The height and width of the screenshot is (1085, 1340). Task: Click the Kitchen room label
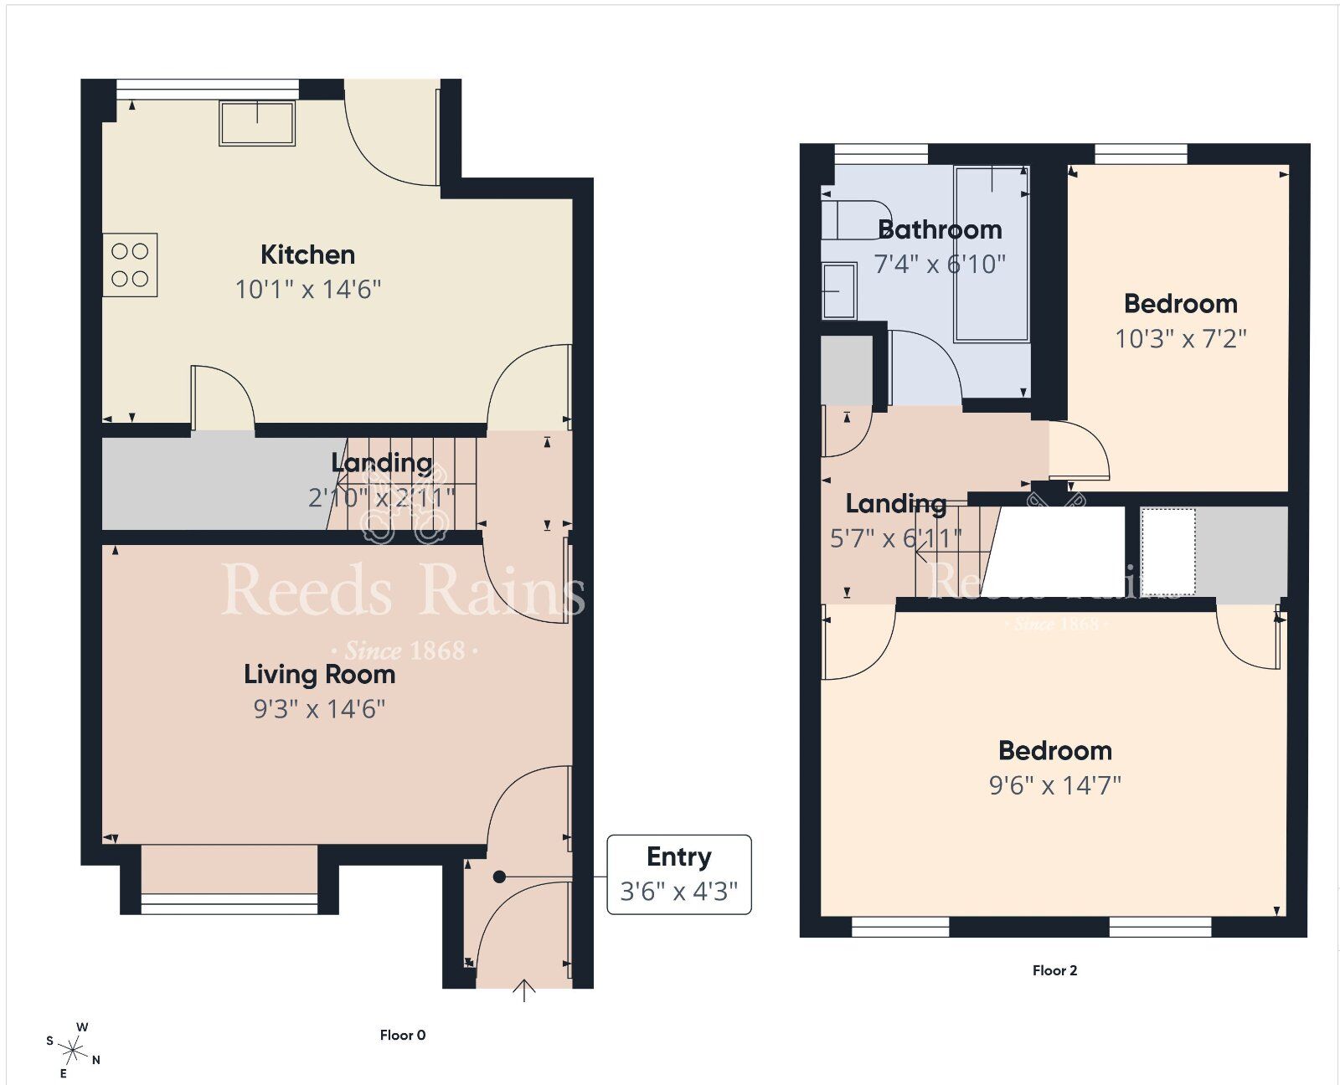(307, 255)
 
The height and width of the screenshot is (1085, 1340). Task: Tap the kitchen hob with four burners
(130, 265)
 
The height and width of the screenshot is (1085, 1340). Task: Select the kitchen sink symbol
(257, 123)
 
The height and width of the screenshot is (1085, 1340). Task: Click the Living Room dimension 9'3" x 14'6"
(319, 710)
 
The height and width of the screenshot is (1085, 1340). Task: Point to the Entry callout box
(678, 874)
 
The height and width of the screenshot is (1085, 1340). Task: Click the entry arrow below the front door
(524, 990)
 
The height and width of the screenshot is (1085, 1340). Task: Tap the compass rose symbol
(74, 1049)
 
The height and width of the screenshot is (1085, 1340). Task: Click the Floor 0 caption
(402, 1036)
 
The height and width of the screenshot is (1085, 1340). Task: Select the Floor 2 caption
(1054, 971)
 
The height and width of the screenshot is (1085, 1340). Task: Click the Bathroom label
(940, 229)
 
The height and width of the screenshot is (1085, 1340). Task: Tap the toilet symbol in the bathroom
(854, 219)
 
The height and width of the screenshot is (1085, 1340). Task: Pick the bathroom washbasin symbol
(839, 291)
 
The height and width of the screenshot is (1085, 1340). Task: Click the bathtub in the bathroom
(992, 254)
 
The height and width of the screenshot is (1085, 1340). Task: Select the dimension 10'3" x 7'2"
(1180, 339)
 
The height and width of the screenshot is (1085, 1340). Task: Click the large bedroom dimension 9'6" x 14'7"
(1054, 786)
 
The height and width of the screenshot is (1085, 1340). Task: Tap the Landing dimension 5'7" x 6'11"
(895, 538)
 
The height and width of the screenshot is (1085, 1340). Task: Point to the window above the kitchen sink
(207, 84)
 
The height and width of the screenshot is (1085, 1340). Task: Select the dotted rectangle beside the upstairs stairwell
(1167, 551)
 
